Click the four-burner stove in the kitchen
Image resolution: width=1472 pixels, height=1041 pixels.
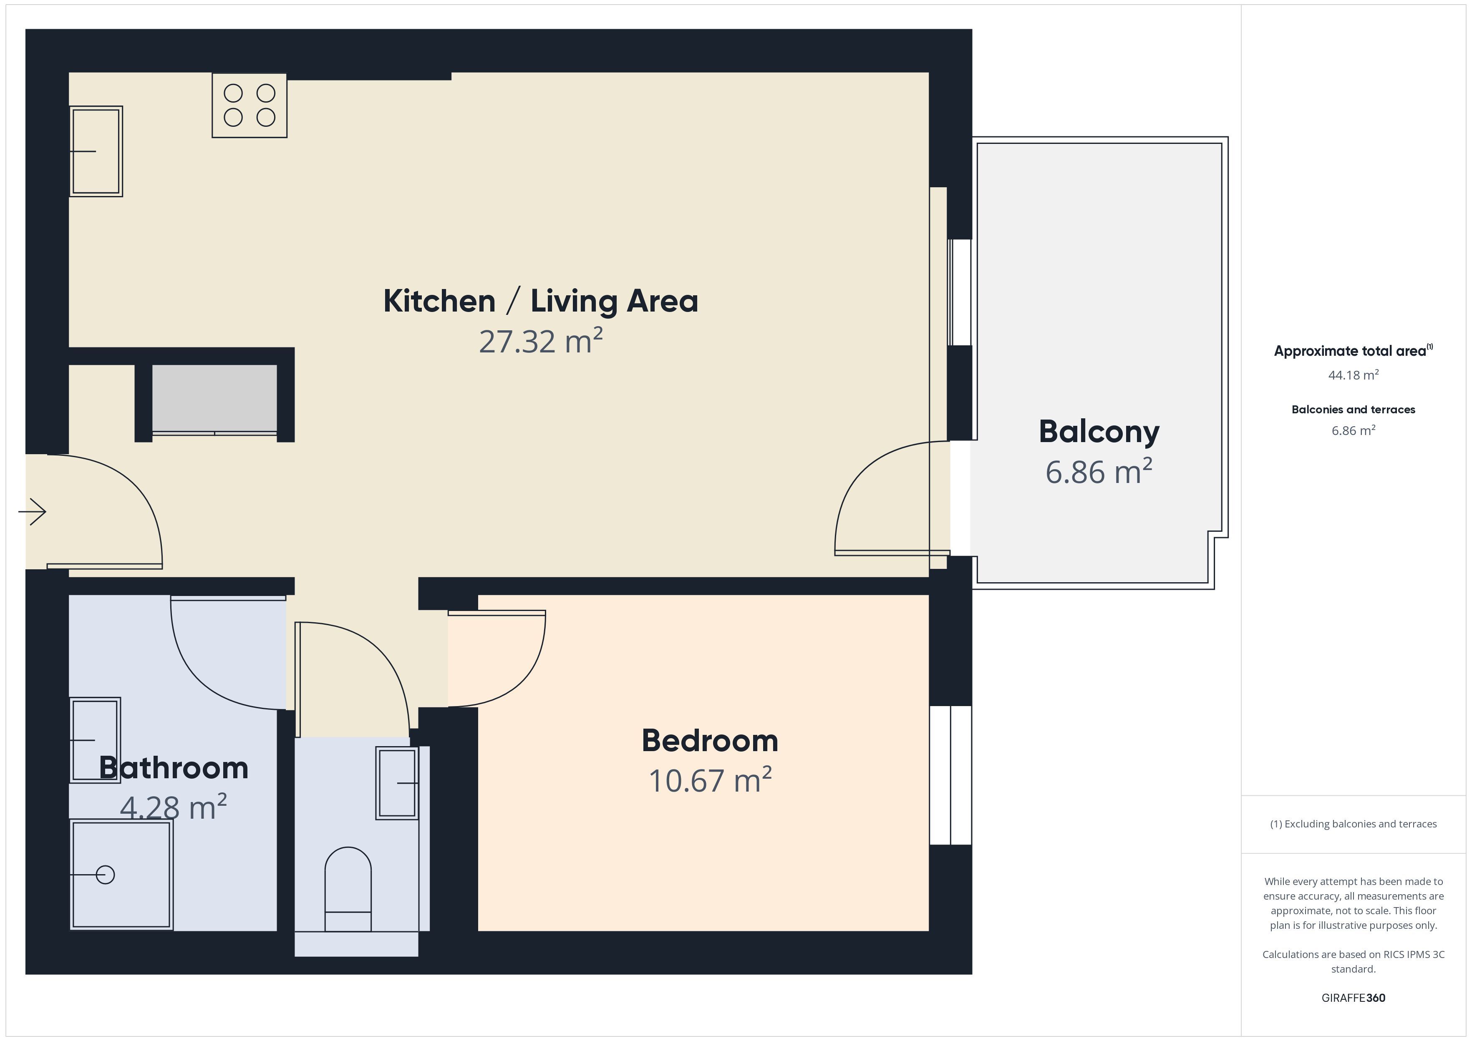pos(250,105)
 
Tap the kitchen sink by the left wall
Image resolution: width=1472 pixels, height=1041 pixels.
pos(96,151)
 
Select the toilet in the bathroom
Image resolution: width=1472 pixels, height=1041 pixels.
pos(348,889)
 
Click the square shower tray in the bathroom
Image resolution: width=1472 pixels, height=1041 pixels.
pos(121,874)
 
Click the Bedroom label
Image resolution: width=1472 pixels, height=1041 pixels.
pos(710,740)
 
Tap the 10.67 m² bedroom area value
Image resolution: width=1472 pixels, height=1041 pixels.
pos(710,780)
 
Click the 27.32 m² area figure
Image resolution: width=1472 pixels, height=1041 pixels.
pos(540,340)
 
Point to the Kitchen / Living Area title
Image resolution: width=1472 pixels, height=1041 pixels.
pos(540,301)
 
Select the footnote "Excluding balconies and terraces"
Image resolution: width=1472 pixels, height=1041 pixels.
pos(1361,824)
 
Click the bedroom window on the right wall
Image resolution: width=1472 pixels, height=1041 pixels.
pos(951,775)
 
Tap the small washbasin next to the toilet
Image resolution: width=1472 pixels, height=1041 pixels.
pos(397,783)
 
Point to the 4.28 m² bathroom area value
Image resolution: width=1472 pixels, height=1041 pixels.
pos(173,807)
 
